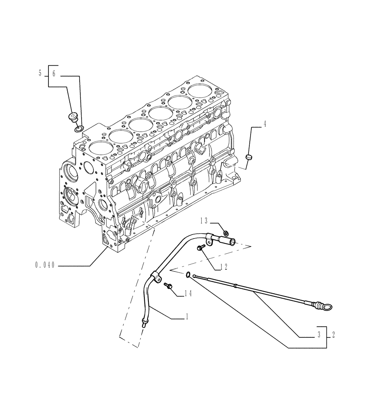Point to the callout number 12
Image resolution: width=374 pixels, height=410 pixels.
pyautogui.click(x=223, y=267)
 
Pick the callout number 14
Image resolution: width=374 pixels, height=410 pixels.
pyautogui.click(x=188, y=293)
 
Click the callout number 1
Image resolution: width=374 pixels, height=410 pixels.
pyautogui.click(x=187, y=317)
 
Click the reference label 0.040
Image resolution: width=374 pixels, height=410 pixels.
pyautogui.click(x=45, y=266)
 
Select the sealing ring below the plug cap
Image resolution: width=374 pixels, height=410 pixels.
pyautogui.click(x=78, y=129)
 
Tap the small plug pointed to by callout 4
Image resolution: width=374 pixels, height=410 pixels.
pyautogui.click(x=249, y=157)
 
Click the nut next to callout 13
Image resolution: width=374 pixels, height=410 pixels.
pyautogui.click(x=226, y=233)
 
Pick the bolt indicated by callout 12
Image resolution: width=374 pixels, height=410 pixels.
pyautogui.click(x=201, y=247)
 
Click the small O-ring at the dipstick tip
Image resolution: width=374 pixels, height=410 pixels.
pyautogui.click(x=187, y=275)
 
